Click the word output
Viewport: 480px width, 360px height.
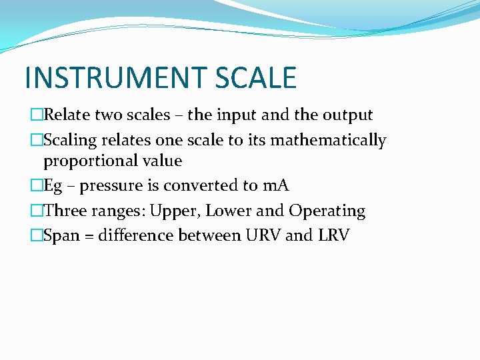point(347,115)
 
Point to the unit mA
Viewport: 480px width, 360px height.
point(275,185)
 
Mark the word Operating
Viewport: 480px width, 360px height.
point(327,211)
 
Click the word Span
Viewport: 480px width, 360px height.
point(61,236)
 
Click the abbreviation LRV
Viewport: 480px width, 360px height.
point(333,236)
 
